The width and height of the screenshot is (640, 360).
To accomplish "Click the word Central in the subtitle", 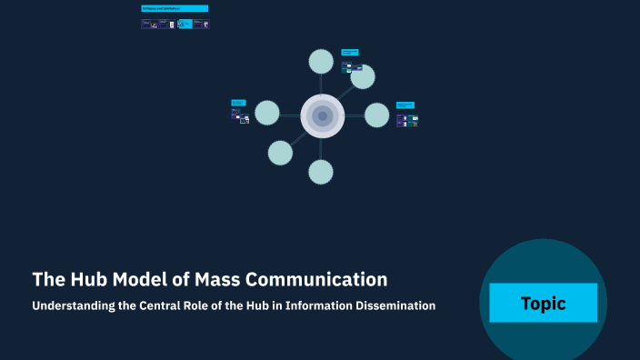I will coord(170,305).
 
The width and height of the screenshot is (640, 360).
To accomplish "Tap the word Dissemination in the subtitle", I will coord(396,305).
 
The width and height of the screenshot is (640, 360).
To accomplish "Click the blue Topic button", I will coord(543,303).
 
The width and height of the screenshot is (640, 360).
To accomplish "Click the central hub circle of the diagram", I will coord(322,116).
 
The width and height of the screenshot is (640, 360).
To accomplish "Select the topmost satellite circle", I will coord(321,62).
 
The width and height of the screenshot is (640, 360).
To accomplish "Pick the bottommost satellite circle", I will coord(321,171).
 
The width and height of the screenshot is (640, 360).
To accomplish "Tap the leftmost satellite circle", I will coord(267,113).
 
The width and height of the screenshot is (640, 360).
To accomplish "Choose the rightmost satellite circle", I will coord(377,115).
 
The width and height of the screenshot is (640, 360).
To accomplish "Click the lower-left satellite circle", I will coord(281,153).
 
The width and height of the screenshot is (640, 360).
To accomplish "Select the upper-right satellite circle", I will coord(363,76).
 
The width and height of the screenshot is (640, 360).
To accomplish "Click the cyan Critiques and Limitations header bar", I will coord(175,8).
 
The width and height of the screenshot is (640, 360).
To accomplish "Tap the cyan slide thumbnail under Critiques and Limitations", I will coord(185,25).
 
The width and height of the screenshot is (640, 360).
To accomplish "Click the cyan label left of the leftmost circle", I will coord(238,103).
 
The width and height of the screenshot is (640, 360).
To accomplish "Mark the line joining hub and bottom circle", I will coord(322,148).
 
